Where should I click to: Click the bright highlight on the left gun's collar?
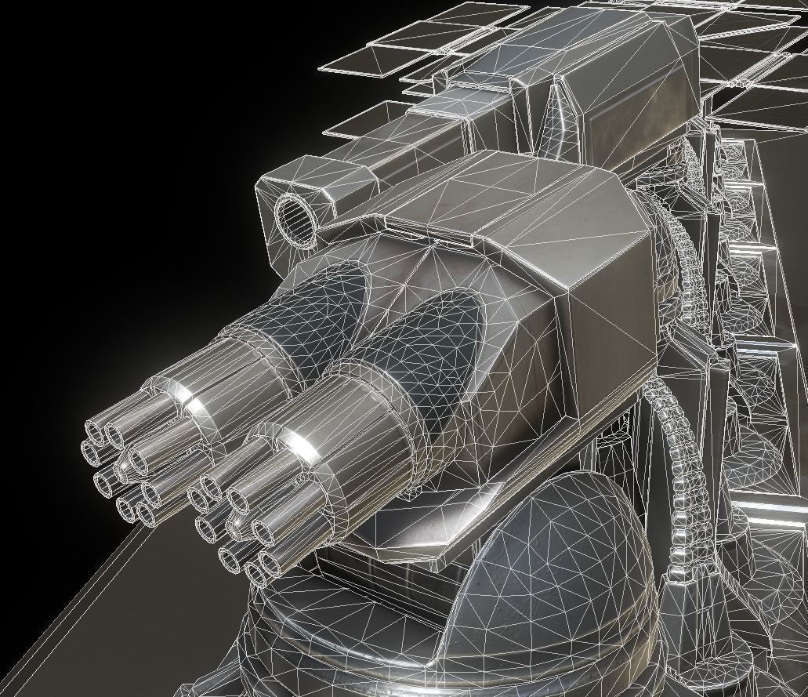194,405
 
